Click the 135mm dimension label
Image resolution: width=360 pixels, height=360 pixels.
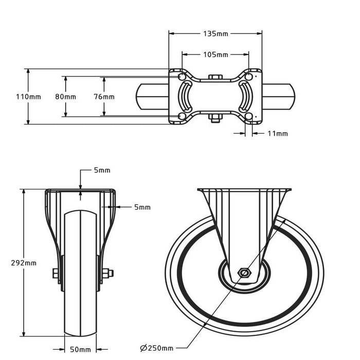coord(215,34)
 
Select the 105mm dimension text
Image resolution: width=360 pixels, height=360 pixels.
coord(215,55)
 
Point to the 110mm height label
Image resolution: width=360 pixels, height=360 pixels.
coord(28,97)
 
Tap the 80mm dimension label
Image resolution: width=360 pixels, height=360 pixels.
coord(65,97)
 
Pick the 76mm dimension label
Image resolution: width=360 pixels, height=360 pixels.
coord(104,97)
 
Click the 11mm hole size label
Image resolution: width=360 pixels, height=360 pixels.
coord(278,133)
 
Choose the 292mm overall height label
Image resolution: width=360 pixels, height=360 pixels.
coord(24,263)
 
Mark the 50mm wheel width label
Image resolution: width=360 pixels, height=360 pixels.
coord(80,349)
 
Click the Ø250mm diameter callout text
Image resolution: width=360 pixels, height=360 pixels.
coord(156,348)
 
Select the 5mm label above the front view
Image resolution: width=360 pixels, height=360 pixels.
coord(102,170)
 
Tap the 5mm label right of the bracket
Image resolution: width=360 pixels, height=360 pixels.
coord(142,207)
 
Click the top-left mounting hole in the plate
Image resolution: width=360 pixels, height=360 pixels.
coord(182,76)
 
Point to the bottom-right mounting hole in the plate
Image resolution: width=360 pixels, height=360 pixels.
coord(248,116)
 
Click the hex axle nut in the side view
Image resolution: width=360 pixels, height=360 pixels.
coord(244,273)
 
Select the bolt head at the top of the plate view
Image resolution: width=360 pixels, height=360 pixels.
coord(215,77)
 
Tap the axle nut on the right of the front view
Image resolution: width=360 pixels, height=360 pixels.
coord(107,273)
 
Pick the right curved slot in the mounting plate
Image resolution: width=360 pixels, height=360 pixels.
coord(246,97)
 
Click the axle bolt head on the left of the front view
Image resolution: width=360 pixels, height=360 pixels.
coord(56,273)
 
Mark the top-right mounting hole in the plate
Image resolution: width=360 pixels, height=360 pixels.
coord(248,76)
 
